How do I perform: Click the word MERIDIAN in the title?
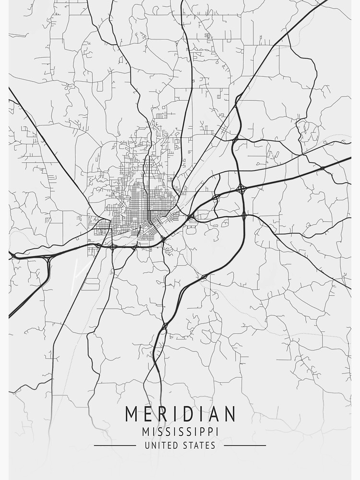pos(180,414)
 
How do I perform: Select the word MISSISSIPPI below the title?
pos(180,432)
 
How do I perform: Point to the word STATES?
pos(200,445)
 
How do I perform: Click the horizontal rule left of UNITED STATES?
pos(115,445)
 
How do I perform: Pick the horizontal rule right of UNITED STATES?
pos(245,445)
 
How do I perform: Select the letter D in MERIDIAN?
pos(188,414)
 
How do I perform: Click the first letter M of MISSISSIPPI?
pos(146,432)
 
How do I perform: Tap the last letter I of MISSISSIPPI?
pos(217,432)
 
